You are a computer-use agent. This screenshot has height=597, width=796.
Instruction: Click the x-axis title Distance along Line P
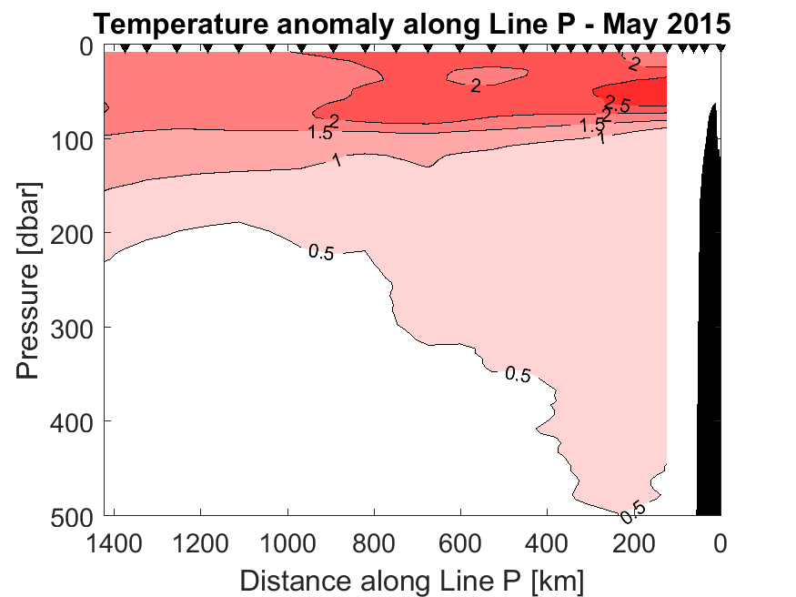tap(412, 579)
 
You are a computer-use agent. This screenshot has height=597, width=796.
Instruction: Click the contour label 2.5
tap(618, 103)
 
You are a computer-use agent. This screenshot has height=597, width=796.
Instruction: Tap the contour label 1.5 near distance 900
tap(319, 133)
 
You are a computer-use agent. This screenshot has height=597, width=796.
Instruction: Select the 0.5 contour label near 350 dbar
tap(517, 374)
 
